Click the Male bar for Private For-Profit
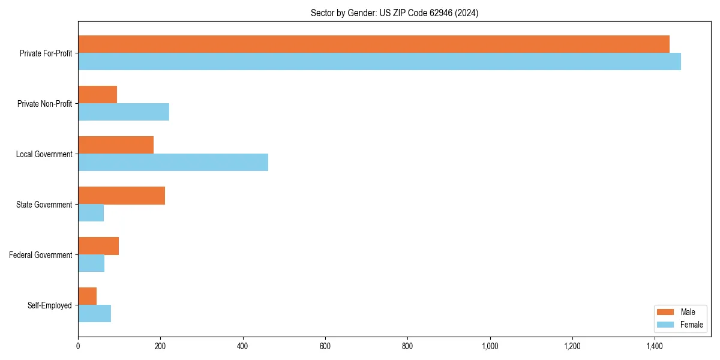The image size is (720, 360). [x=374, y=44]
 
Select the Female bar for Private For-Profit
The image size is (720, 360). [x=379, y=62]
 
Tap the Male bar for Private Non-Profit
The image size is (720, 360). [x=97, y=95]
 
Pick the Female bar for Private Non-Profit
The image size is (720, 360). [x=124, y=112]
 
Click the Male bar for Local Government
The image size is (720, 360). [x=116, y=145]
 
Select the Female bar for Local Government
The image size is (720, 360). [x=173, y=163]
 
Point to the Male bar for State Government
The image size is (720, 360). [x=121, y=196]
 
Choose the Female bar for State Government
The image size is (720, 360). [x=91, y=213]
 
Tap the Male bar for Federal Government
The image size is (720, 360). [x=98, y=246]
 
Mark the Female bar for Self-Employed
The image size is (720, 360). [x=94, y=314]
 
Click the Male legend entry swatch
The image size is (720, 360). [x=666, y=312]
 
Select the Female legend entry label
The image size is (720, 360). [x=691, y=325]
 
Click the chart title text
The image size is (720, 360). [x=394, y=13]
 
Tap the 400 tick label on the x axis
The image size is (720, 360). [x=243, y=346]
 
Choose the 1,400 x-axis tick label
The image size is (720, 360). [x=655, y=346]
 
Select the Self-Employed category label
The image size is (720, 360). [x=50, y=305]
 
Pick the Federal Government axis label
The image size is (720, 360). [x=41, y=255]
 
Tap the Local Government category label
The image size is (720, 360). [x=44, y=154]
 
